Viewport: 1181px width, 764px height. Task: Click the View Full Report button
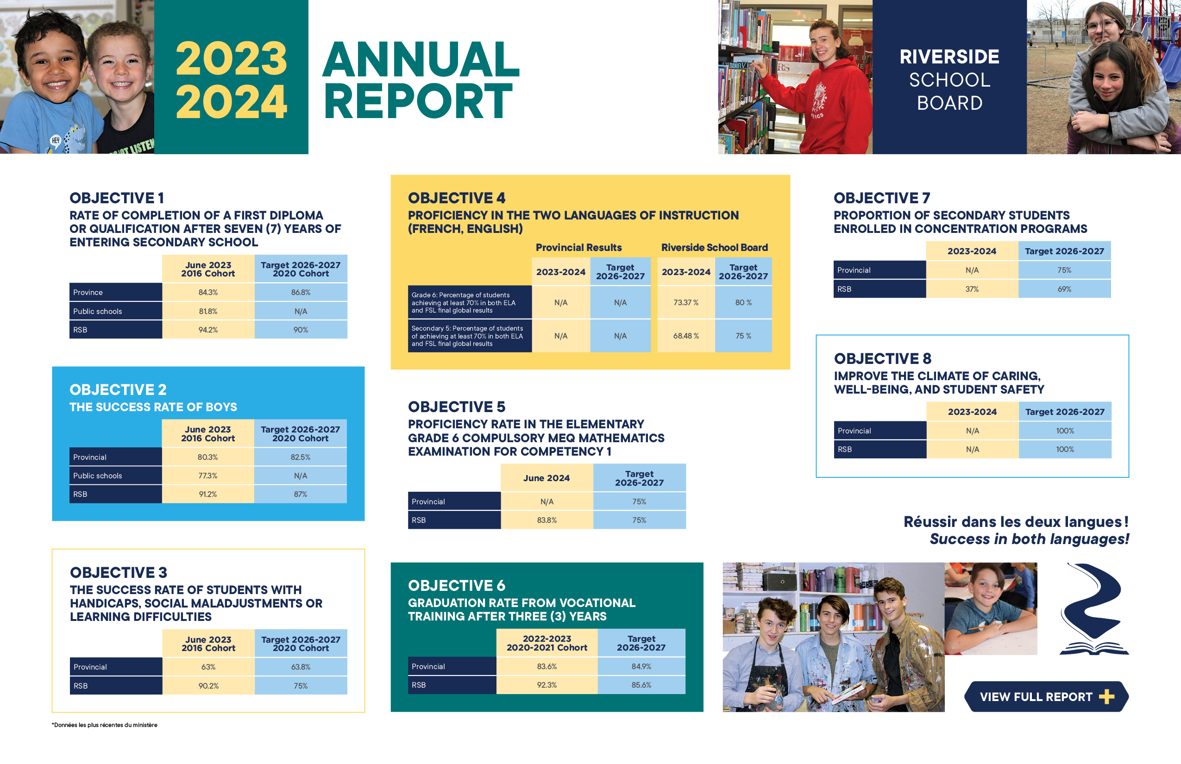click(1046, 696)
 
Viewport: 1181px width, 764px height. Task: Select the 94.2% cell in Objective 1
click(208, 330)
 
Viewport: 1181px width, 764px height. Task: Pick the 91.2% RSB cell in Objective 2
click(208, 494)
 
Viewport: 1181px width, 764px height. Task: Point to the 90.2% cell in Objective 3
click(208, 686)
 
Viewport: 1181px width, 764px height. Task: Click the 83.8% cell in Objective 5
click(547, 520)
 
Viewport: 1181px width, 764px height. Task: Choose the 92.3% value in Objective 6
click(547, 685)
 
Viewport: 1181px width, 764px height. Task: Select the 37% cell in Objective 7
click(972, 289)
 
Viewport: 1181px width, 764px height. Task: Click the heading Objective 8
click(883, 358)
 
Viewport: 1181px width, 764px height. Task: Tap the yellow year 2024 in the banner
click(231, 101)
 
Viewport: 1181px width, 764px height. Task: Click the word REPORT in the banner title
click(418, 101)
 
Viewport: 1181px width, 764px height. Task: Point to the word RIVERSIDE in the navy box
click(949, 56)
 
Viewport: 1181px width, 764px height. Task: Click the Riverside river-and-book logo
click(1093, 609)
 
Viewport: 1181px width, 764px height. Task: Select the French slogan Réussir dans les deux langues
click(1016, 521)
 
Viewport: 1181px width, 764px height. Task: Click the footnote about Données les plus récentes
click(105, 725)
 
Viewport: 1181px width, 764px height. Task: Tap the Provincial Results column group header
click(578, 248)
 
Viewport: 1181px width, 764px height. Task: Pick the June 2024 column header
click(547, 478)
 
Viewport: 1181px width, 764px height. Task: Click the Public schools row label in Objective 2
click(98, 476)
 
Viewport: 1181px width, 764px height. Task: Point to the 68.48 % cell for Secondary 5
click(686, 336)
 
